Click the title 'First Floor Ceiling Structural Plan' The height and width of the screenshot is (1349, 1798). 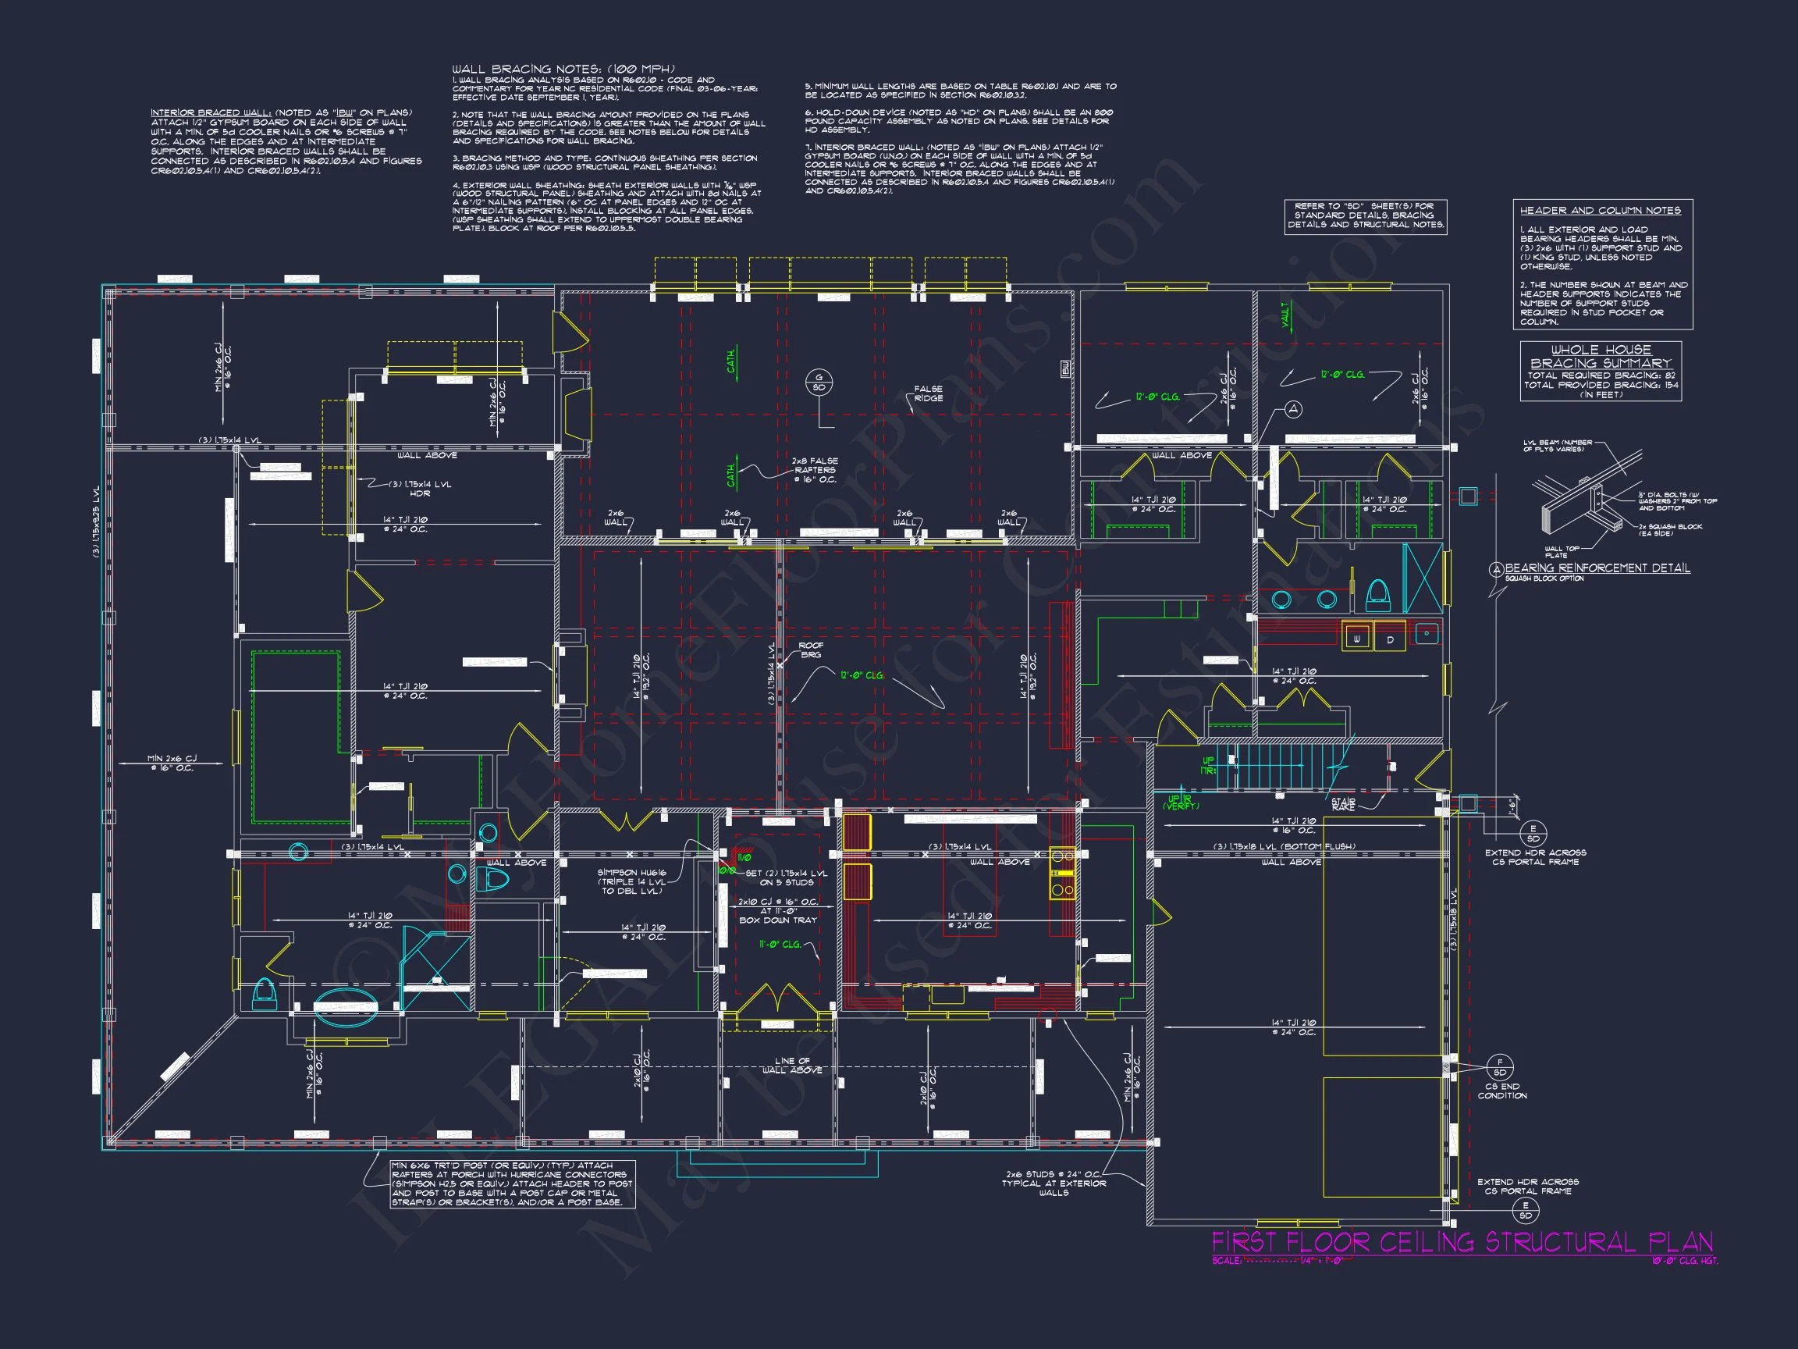pyautogui.click(x=1462, y=1243)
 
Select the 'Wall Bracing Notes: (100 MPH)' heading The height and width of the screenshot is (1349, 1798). pyautogui.click(x=563, y=69)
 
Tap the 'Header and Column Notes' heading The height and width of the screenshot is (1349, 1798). pyautogui.click(x=1601, y=211)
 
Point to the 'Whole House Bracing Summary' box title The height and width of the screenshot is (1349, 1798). pyautogui.click(x=1601, y=356)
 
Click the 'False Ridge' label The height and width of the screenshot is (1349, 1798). pyautogui.click(x=928, y=393)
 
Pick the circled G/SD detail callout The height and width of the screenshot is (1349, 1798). pyautogui.click(x=819, y=383)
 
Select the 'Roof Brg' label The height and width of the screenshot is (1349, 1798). pyautogui.click(x=810, y=650)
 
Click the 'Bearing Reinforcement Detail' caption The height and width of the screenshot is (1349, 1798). pyautogui.click(x=1597, y=568)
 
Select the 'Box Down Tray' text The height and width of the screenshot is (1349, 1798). pyautogui.click(x=778, y=920)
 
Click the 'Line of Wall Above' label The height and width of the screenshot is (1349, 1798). pyautogui.click(x=792, y=1065)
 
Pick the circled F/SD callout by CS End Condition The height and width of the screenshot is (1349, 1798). pyautogui.click(x=1500, y=1067)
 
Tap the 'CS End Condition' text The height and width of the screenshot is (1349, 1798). pyautogui.click(x=1502, y=1091)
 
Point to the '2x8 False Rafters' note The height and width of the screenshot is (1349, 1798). pyautogui.click(x=815, y=470)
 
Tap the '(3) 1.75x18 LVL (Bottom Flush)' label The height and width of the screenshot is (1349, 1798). pyautogui.click(x=1285, y=846)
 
